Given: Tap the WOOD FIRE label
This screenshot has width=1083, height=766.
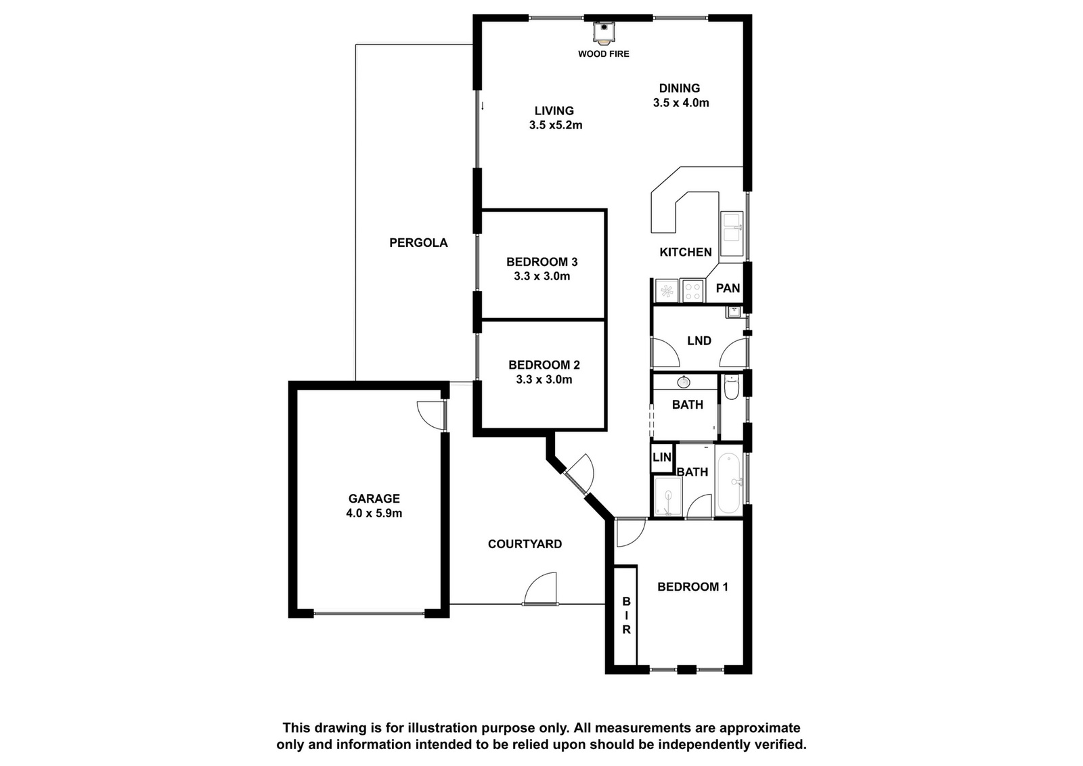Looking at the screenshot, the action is coord(603,54).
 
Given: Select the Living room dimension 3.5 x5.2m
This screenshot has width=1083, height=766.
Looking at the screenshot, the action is coord(556,126).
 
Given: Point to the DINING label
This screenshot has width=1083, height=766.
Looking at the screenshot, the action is coord(680,88).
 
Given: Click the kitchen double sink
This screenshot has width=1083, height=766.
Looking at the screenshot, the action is coord(732,233).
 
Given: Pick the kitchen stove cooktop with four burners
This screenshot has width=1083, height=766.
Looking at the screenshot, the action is coord(692,290).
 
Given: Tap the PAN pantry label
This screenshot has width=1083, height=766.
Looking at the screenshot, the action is coord(728,288).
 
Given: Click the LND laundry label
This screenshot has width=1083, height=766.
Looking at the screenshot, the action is coord(699,341).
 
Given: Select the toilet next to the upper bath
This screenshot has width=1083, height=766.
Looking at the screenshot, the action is coord(732,388).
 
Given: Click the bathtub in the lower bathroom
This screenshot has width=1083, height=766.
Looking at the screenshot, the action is coord(728,483).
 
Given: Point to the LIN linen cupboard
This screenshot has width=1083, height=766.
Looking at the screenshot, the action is coord(662,457).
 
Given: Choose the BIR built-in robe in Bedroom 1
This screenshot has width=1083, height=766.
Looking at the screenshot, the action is coord(625,615).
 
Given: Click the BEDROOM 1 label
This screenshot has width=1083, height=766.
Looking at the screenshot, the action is coord(692,587).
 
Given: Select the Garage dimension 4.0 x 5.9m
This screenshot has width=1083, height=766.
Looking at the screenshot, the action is coord(374,513).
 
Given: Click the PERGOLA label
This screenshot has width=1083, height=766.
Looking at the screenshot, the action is coord(418,243).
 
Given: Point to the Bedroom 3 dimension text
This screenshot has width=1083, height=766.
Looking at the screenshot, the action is coord(542,277).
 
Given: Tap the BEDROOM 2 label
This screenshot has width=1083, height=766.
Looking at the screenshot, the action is coord(544,365).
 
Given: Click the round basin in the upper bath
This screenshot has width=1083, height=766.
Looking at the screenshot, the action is coord(684,382).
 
